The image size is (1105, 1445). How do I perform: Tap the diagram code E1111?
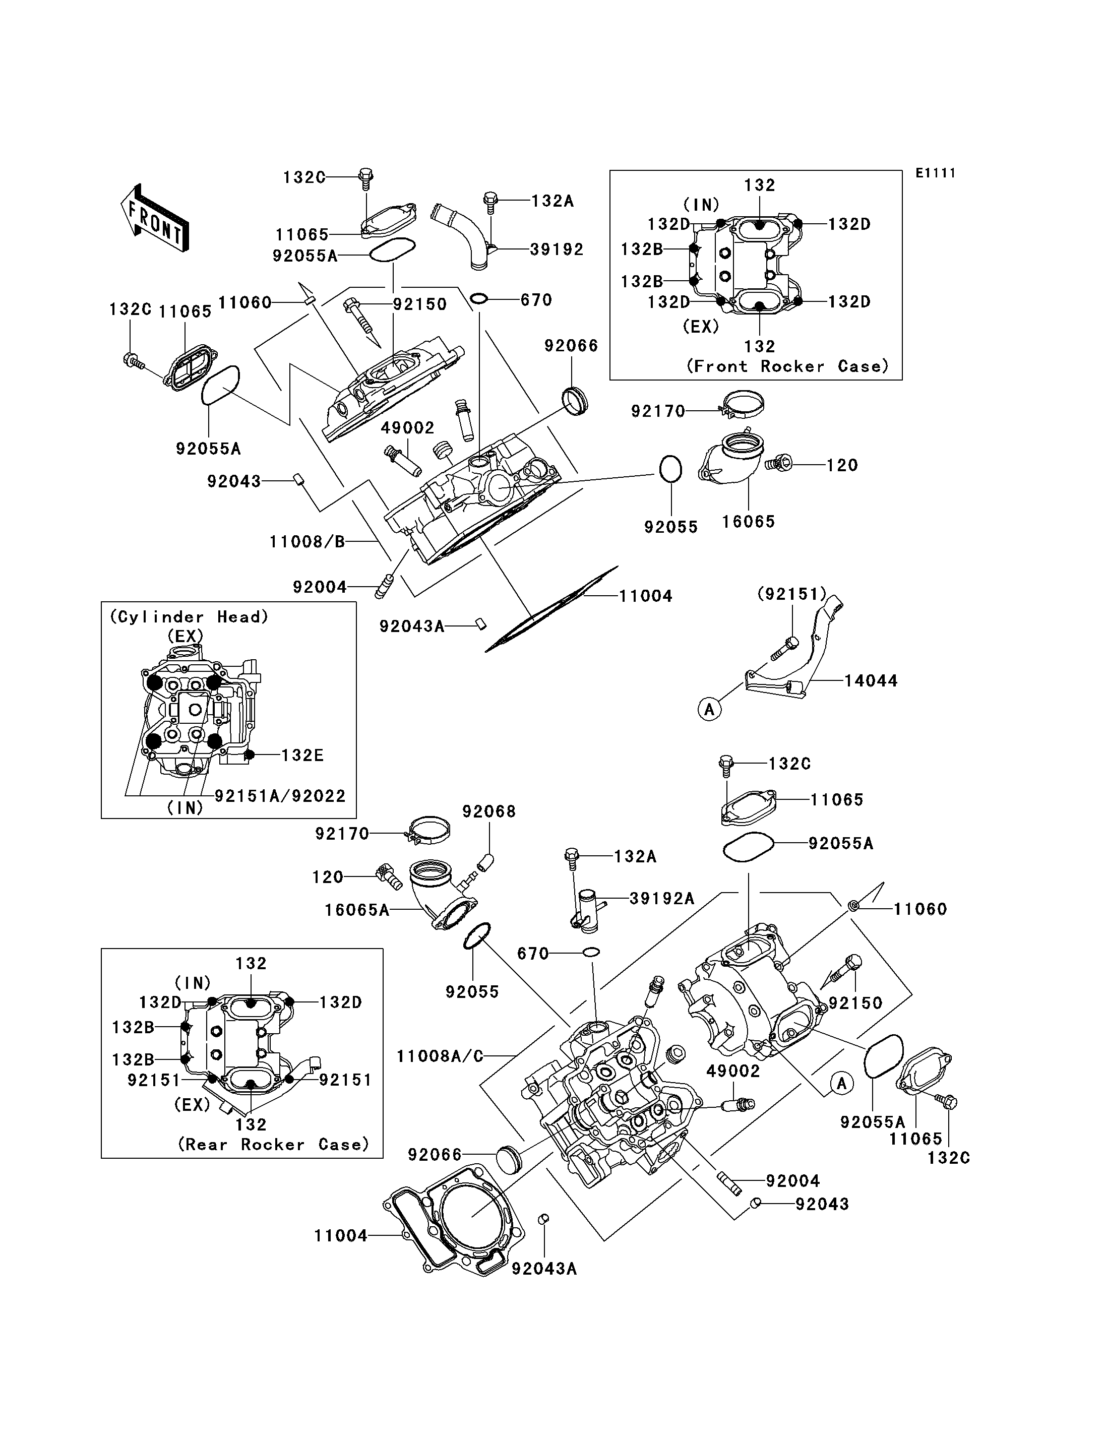coord(935,173)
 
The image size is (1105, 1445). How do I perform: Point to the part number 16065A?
coord(356,910)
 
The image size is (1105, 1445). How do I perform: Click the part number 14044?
coord(871,681)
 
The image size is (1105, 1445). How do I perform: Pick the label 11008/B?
coord(306,541)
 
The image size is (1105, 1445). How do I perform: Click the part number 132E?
coord(302,755)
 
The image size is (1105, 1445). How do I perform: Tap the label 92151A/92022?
coord(280,796)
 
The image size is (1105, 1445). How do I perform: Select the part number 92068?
coord(488,811)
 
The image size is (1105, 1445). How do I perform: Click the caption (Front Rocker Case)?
coord(787,366)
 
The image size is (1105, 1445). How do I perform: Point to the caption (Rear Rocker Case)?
coord(274,1145)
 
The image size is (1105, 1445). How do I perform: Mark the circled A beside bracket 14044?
coord(709,709)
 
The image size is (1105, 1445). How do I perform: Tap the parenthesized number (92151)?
coord(792,594)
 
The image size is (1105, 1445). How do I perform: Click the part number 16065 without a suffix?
coord(749,522)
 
